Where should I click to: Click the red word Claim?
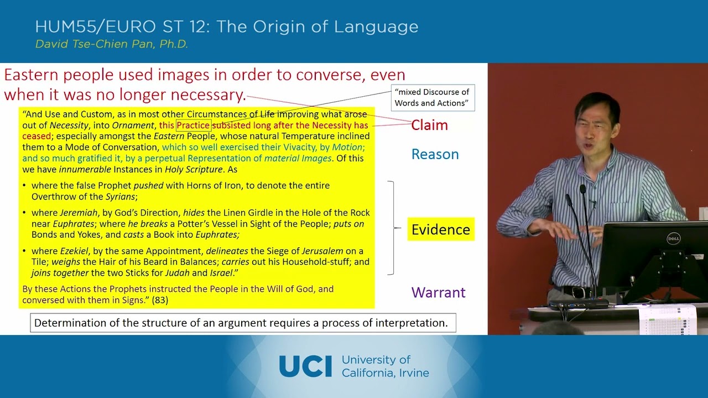tap(429, 125)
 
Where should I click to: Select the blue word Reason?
tap(435, 154)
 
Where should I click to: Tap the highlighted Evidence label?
tap(440, 229)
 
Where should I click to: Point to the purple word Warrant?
tap(438, 292)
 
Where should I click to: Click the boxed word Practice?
tap(193, 125)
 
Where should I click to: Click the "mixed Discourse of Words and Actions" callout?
tap(433, 97)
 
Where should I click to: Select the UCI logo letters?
tap(305, 366)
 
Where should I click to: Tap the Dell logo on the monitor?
tap(673, 239)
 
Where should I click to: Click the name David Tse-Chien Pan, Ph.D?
tap(112, 44)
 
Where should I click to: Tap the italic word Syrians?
tap(119, 197)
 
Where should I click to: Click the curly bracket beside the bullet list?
tap(393, 228)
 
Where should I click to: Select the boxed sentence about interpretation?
tap(243, 323)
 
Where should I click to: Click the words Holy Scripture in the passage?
tap(194, 169)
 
